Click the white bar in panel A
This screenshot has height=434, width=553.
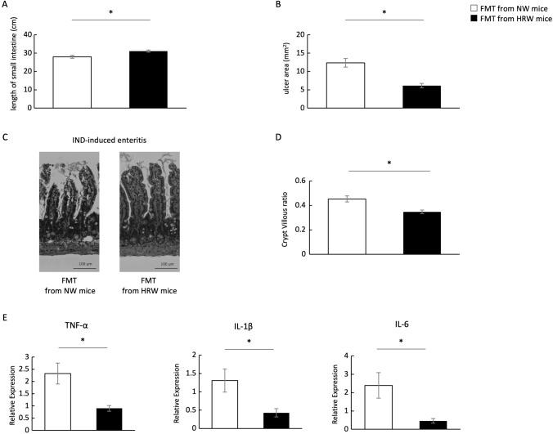click(72, 83)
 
